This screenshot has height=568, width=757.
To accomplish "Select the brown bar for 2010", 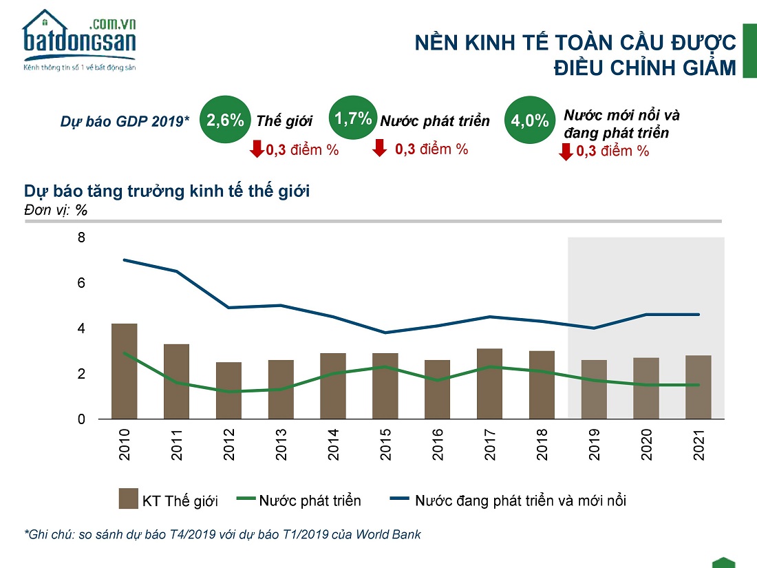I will (124, 371).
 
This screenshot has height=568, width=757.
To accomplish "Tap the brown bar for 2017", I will (490, 383).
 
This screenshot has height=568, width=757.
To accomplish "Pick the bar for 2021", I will (699, 387).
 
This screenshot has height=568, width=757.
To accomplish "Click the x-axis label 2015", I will (386, 445).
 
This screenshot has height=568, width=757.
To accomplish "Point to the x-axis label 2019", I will (595, 445).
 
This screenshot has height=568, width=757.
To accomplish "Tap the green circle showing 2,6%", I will (226, 120).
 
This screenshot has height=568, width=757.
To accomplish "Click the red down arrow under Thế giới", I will (257, 148).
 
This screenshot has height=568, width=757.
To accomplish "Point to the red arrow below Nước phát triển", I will (379, 148).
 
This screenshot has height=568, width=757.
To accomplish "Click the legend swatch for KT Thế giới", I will (128, 498).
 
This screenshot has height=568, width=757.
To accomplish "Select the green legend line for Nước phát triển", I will (244, 498).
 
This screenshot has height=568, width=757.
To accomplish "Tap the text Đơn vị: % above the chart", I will (55, 210).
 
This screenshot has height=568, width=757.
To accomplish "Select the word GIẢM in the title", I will (703, 69).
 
